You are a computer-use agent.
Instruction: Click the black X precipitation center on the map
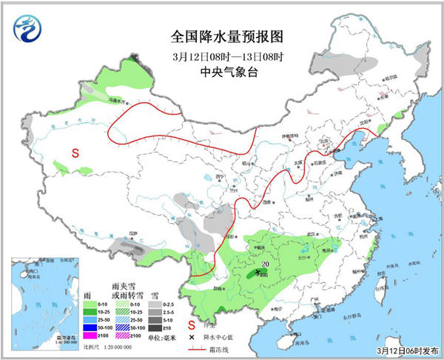pos(258,273)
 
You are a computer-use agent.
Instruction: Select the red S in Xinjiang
pos(75,153)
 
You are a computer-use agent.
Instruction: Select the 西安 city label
pos(266,201)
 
